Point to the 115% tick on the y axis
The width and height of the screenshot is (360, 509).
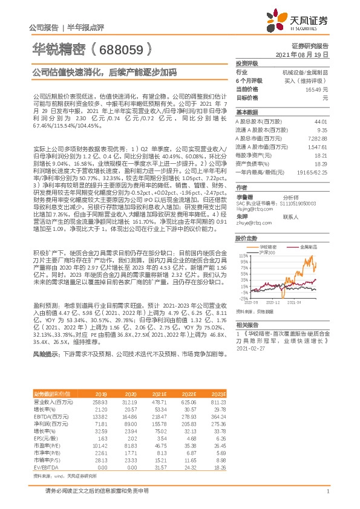[x=242, y=256]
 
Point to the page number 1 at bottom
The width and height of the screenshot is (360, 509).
[x=327, y=492]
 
